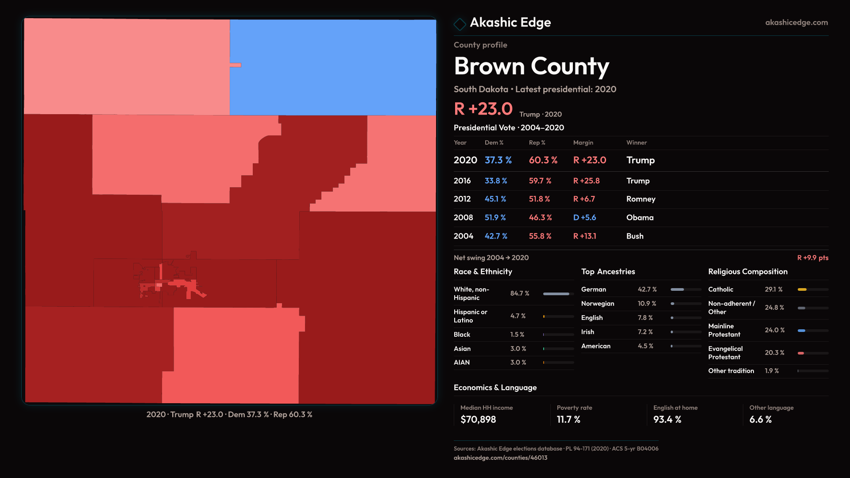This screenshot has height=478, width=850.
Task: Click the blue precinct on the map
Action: click(333, 67)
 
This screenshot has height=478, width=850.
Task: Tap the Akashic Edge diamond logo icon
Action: click(460, 24)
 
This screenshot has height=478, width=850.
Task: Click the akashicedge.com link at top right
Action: click(796, 23)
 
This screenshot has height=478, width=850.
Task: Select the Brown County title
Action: click(531, 66)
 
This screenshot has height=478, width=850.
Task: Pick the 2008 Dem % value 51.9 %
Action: click(495, 218)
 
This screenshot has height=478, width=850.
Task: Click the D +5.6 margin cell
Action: click(584, 218)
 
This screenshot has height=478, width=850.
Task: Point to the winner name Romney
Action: click(641, 199)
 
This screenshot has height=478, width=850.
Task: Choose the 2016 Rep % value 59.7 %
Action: click(540, 181)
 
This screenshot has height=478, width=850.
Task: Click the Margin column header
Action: click(583, 143)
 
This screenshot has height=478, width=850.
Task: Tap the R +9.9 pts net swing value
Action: click(812, 258)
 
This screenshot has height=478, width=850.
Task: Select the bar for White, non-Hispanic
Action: click(556, 294)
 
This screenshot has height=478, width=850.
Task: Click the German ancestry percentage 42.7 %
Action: click(647, 289)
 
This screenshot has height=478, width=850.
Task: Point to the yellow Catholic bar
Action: click(802, 289)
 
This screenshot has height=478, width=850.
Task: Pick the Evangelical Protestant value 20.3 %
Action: click(774, 353)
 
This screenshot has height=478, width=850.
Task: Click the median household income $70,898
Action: click(478, 420)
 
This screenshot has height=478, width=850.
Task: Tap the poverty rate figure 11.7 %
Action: click(568, 420)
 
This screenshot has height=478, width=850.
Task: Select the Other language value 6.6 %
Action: click(761, 420)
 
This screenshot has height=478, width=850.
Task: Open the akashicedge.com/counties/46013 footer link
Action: click(500, 458)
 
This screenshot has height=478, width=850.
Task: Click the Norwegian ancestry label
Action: click(598, 304)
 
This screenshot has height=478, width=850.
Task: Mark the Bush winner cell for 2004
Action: click(635, 236)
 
